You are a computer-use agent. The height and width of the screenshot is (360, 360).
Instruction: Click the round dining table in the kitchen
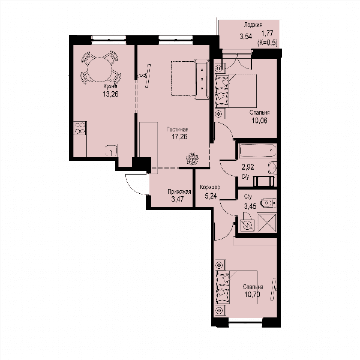pyautogui.click(x=100, y=70)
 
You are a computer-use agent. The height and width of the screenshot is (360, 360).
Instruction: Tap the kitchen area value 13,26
pyautogui.click(x=110, y=94)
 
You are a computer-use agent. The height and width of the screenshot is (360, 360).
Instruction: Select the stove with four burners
pyautogui.click(x=80, y=128)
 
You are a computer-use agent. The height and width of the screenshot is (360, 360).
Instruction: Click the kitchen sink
pyautogui.click(x=112, y=151)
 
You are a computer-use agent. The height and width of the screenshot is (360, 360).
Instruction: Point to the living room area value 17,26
pyautogui.click(x=179, y=137)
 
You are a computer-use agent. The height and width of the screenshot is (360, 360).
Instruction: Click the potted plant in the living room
pyautogui.click(x=192, y=158)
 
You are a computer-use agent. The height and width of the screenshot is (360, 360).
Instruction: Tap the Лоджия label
pyautogui.click(x=253, y=25)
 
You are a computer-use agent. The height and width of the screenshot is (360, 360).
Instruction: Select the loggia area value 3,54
pyautogui.click(x=245, y=37)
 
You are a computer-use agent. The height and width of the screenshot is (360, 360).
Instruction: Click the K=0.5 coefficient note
pyautogui.click(x=268, y=43)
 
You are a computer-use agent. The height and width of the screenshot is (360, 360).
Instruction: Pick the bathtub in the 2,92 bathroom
pyautogui.click(x=257, y=151)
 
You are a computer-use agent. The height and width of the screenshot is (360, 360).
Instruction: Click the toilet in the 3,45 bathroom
pyautogui.click(x=269, y=203)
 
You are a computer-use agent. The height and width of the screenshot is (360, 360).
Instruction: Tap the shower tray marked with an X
pyautogui.click(x=267, y=223)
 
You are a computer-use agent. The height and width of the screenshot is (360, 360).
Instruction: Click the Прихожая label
pyautogui.click(x=179, y=192)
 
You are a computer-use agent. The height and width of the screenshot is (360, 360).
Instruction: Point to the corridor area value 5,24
pyautogui.click(x=211, y=196)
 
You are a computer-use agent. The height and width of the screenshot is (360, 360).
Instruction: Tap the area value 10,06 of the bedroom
pyautogui.click(x=259, y=121)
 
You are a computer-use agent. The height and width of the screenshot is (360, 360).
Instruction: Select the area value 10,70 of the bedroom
pyautogui.click(x=253, y=295)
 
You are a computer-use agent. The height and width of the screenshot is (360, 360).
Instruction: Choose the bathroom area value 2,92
pyautogui.click(x=247, y=167)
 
